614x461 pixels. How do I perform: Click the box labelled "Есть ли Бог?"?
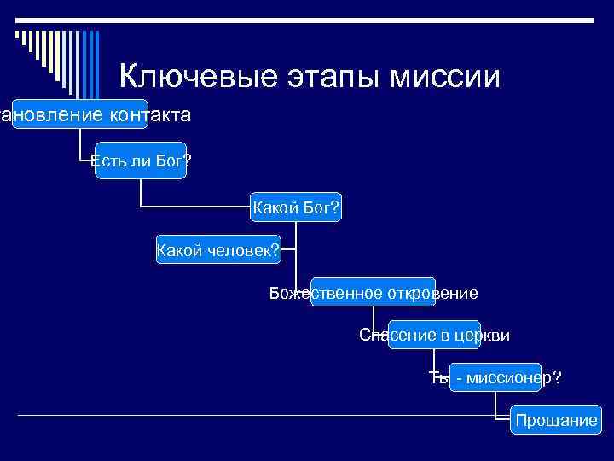click(141, 160)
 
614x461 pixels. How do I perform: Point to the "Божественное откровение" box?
click(374, 294)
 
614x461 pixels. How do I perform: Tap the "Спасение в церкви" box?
click(434, 336)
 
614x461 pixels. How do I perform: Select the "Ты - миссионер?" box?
click(495, 377)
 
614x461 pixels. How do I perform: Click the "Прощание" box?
click(555, 420)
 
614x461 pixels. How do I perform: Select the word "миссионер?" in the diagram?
click(509, 377)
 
